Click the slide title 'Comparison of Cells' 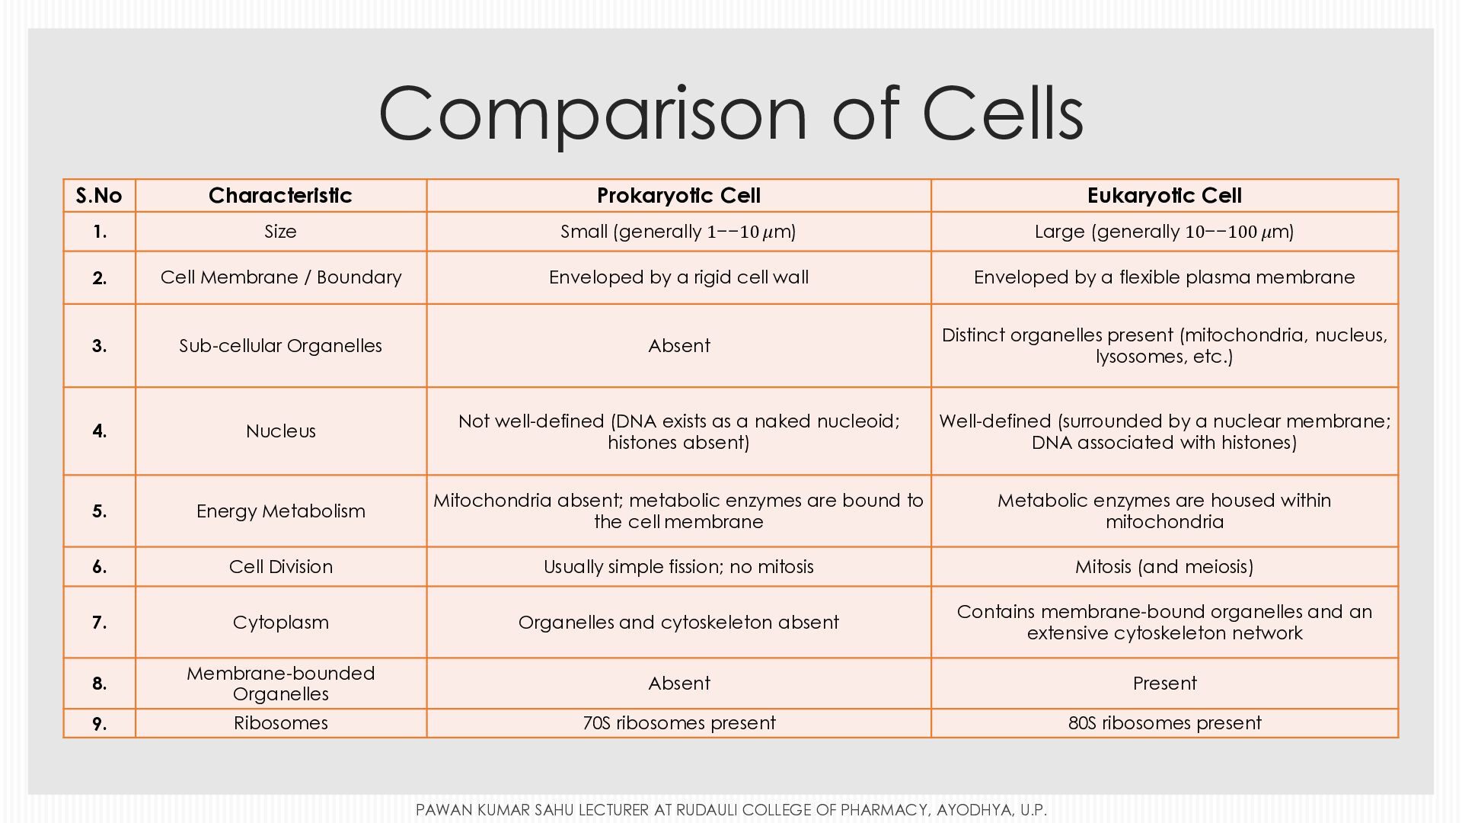[731, 114]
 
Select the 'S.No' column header [99, 196]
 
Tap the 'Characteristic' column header [280, 196]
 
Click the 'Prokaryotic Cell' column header [678, 196]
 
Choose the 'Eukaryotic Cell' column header [1164, 196]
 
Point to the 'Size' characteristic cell [280, 232]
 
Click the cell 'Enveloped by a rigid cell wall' [678, 277]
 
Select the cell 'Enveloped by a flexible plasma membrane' [1164, 277]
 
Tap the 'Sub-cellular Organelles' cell [280, 346]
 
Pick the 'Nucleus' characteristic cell [280, 431]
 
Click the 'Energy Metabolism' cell [280, 511]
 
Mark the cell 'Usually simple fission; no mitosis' [678, 567]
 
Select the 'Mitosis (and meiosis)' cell [1164, 567]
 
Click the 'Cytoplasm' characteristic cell [280, 623]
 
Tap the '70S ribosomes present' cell [678, 723]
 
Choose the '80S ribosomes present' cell [1164, 723]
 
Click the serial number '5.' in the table [99, 511]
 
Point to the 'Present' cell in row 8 [1164, 684]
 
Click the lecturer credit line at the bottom [731, 810]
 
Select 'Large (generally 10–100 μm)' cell [1164, 232]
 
